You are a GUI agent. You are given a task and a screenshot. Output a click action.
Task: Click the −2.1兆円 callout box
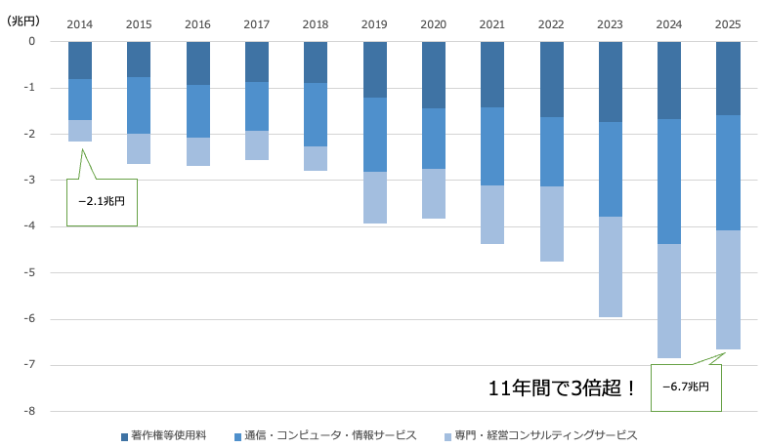102,202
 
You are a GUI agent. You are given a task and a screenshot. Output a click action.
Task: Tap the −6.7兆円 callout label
691,387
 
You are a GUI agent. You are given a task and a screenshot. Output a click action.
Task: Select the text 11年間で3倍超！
563,387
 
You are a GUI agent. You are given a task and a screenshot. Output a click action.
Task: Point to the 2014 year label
80,23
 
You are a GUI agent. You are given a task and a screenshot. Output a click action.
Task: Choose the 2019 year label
374,23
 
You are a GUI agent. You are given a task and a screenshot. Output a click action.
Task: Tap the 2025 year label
728,23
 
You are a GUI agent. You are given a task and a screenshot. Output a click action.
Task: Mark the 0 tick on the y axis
31,41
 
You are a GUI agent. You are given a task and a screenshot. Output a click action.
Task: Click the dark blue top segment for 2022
551,79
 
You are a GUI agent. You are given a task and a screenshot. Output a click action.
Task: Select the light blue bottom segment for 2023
611,266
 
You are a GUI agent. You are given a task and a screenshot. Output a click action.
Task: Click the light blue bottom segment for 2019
374,197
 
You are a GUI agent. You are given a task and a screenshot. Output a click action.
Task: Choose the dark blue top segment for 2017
257,61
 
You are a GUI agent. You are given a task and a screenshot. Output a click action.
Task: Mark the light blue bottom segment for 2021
492,215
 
